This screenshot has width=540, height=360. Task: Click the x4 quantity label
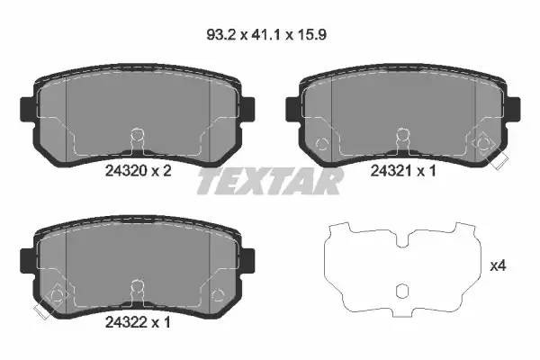[x=498, y=266]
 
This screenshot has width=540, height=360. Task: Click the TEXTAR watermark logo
[x=269, y=180]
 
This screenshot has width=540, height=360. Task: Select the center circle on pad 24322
[x=137, y=287]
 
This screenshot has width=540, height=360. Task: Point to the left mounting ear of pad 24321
[x=292, y=107]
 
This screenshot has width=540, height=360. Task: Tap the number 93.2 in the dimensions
[x=216, y=37]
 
